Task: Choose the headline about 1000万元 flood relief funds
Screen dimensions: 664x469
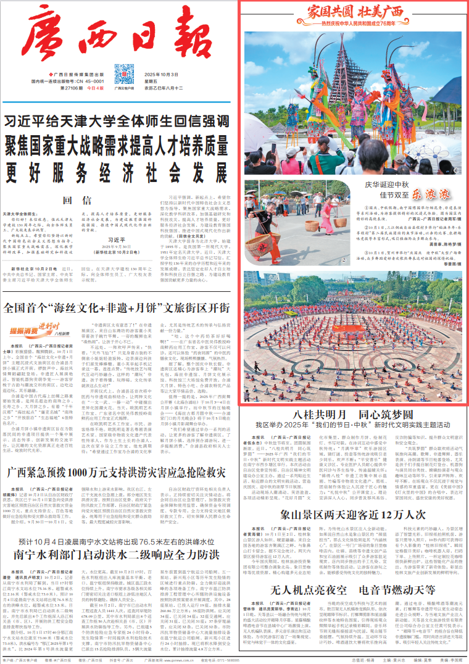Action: tap(117, 439)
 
